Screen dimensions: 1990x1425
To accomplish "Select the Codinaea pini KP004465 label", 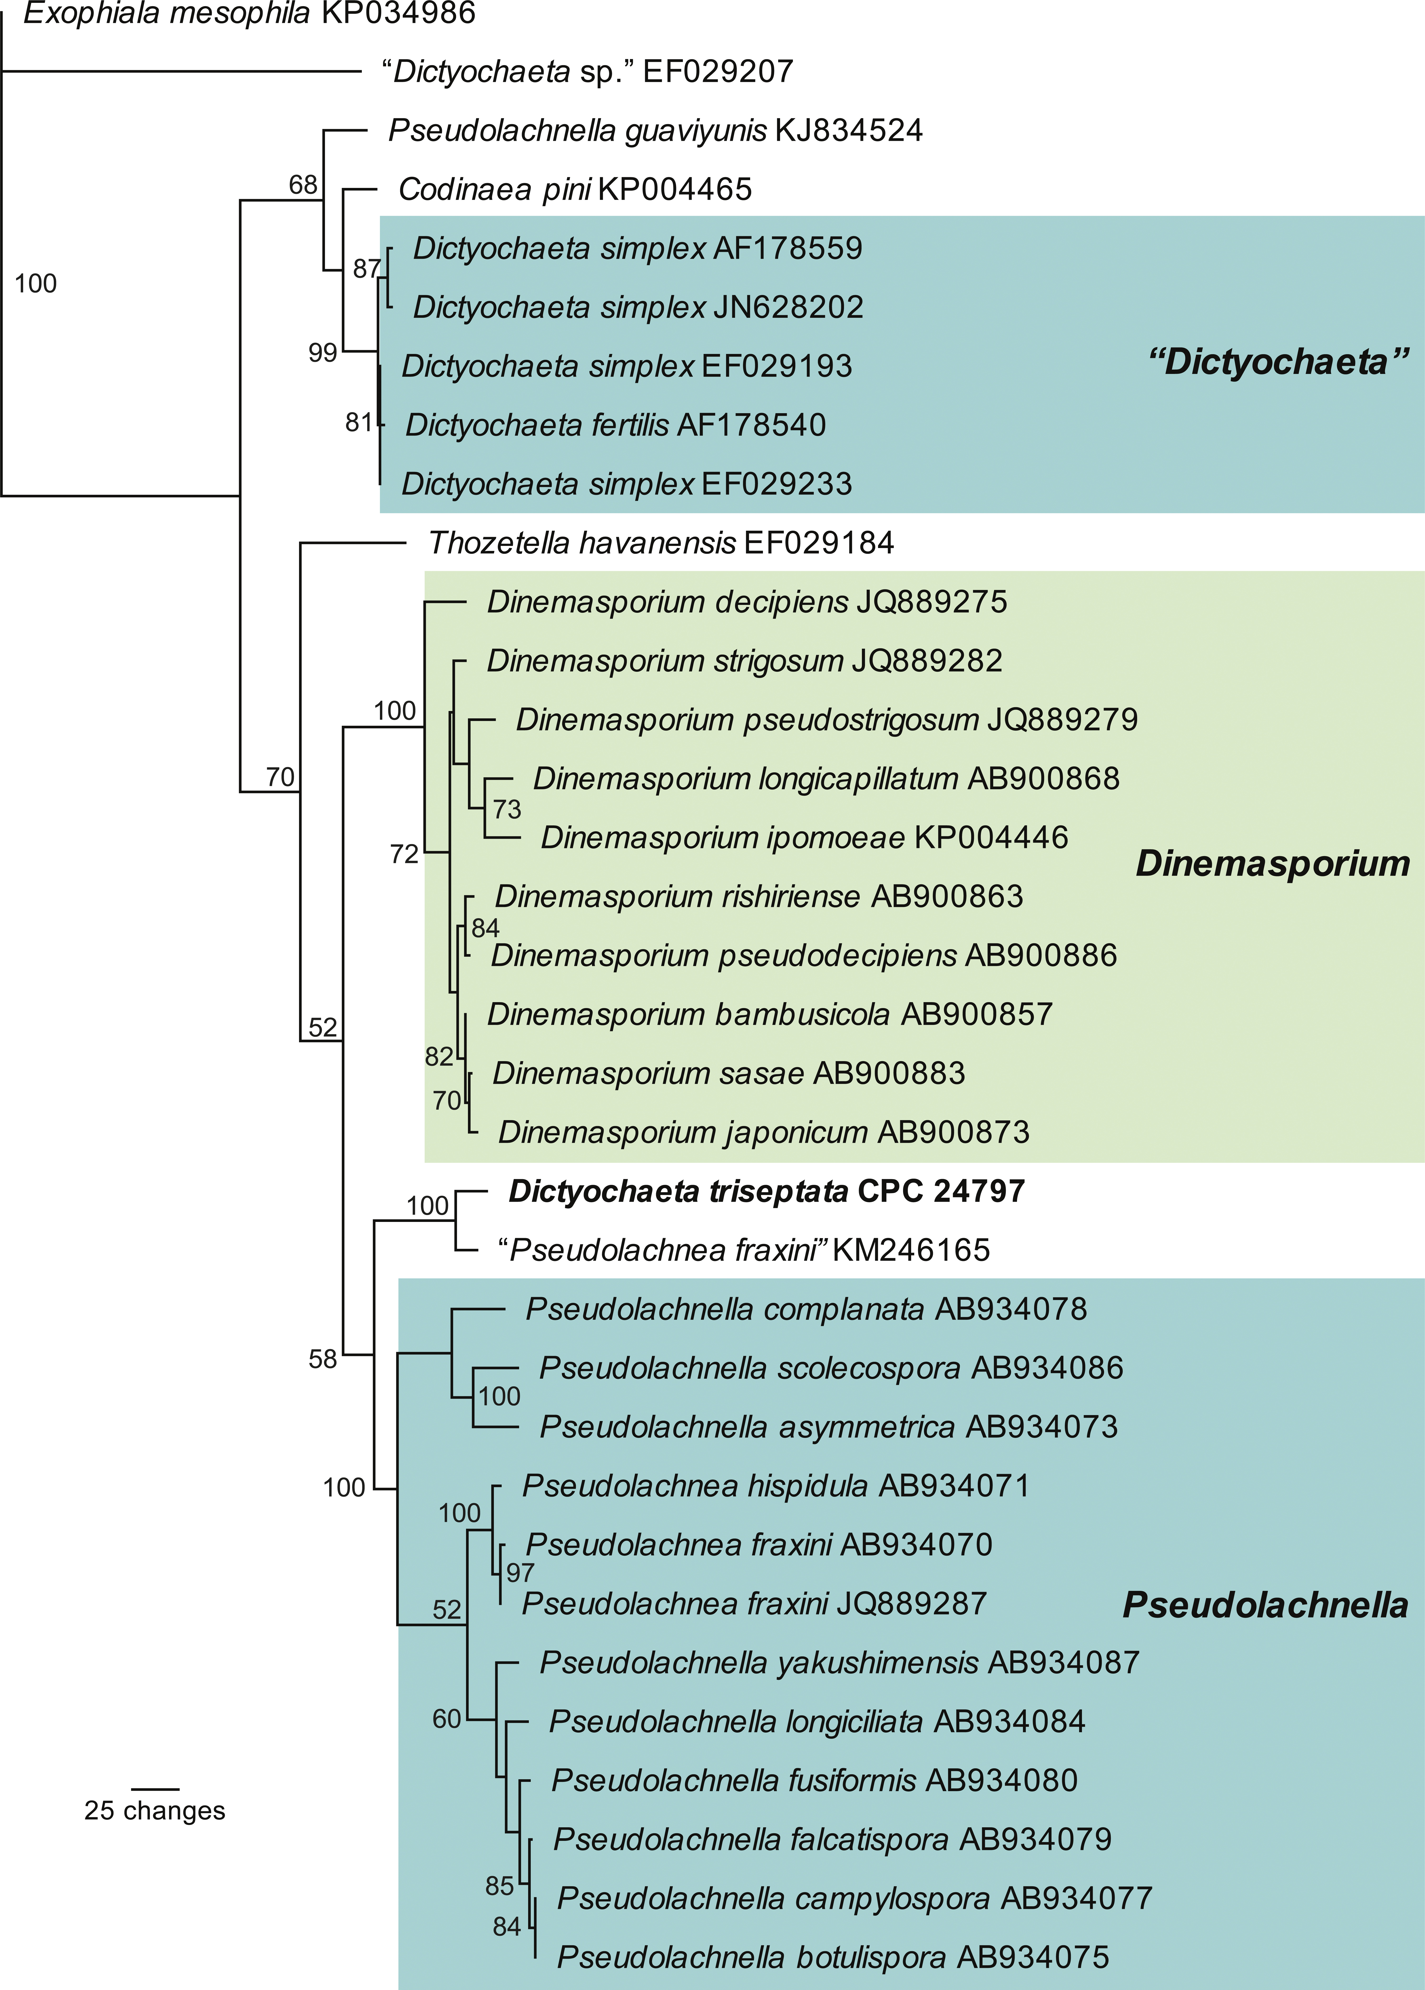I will pyautogui.click(x=575, y=190).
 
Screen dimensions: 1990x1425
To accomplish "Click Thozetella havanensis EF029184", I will pyautogui.click(x=661, y=543).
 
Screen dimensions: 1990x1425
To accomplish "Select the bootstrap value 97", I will pyautogui.click(x=520, y=1572).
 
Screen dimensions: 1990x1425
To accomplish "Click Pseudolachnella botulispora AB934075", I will pyautogui.click(x=833, y=1958).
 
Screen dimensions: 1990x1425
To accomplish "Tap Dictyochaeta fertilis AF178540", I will pyautogui.click(x=615, y=426).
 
